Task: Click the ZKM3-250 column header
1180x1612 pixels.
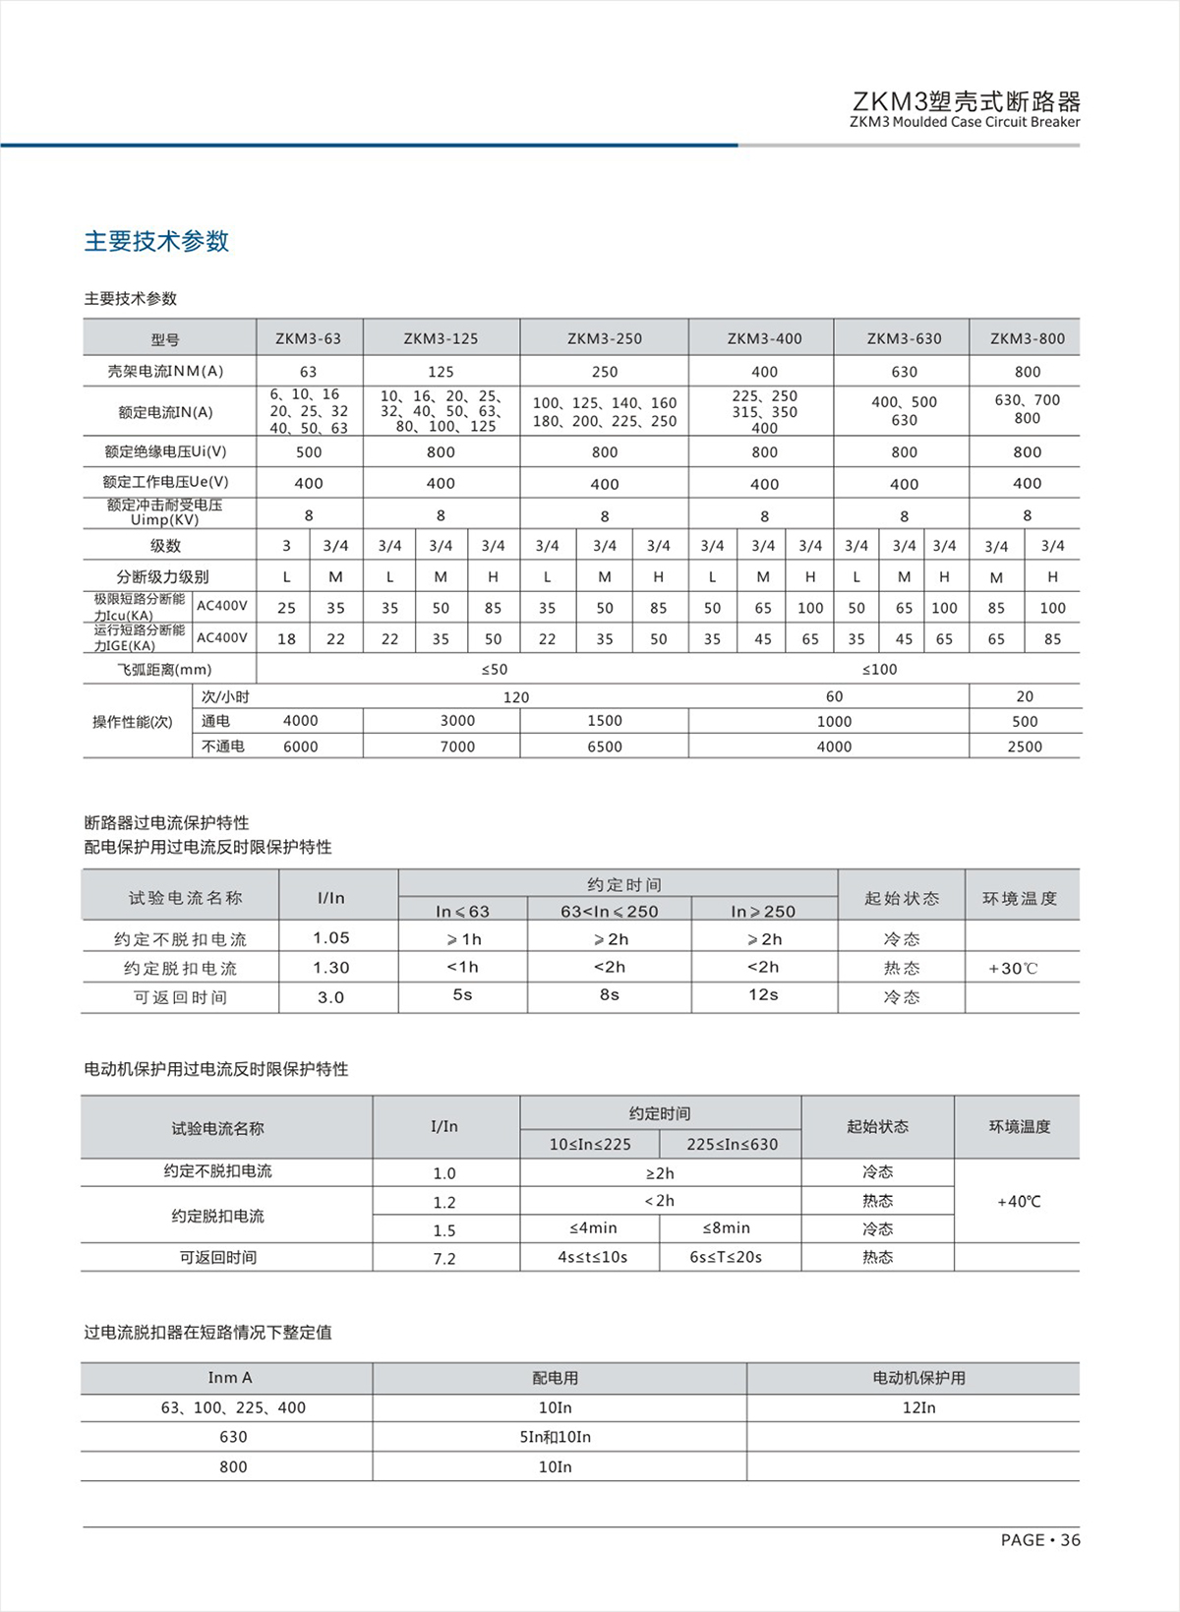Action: click(604, 338)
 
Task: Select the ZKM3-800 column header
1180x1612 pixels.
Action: click(1027, 338)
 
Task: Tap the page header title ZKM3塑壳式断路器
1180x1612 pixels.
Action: click(966, 101)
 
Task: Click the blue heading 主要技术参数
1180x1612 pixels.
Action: click(156, 241)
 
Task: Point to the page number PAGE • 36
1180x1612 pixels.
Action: click(1039, 1540)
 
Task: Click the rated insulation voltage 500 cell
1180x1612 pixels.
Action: click(309, 452)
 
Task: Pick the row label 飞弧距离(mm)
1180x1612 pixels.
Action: click(164, 669)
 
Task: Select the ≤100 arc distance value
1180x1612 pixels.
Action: click(879, 669)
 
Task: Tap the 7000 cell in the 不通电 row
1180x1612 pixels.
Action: click(457, 746)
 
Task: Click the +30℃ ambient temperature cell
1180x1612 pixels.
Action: click(1013, 969)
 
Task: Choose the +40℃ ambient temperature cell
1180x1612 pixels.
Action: click(1019, 1201)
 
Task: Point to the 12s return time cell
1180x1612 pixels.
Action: click(763, 995)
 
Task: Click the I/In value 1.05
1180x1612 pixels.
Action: click(331, 938)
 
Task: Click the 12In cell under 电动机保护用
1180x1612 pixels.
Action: click(918, 1408)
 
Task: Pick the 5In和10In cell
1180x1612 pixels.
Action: click(555, 1437)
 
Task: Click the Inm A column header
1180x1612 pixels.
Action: click(230, 1378)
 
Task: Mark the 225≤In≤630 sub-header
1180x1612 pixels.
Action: click(732, 1144)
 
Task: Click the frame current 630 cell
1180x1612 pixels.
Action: click(904, 372)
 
